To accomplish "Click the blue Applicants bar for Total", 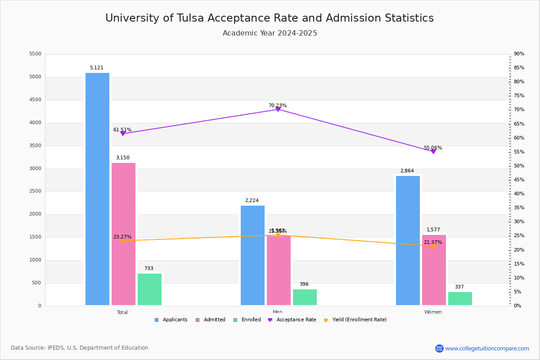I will (x=97, y=189).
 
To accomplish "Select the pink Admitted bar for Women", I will (x=434, y=270).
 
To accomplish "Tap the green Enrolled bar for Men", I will (x=305, y=297).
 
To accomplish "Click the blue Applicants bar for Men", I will (x=252, y=256).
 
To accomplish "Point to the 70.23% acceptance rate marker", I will (x=278, y=109).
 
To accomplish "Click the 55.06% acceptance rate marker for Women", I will (x=433, y=152).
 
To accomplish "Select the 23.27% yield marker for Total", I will (x=122, y=241).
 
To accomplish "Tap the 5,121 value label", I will (x=96, y=68).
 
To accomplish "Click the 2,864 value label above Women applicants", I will (x=407, y=171).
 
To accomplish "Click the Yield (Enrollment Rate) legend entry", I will (x=359, y=320).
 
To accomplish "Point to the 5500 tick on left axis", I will (x=35, y=54).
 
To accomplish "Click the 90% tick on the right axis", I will (x=519, y=54).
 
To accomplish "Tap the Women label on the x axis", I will (x=433, y=312).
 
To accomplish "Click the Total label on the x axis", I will (x=122, y=312).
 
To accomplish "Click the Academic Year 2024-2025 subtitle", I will (x=270, y=33).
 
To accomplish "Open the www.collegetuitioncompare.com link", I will (x=487, y=348).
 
